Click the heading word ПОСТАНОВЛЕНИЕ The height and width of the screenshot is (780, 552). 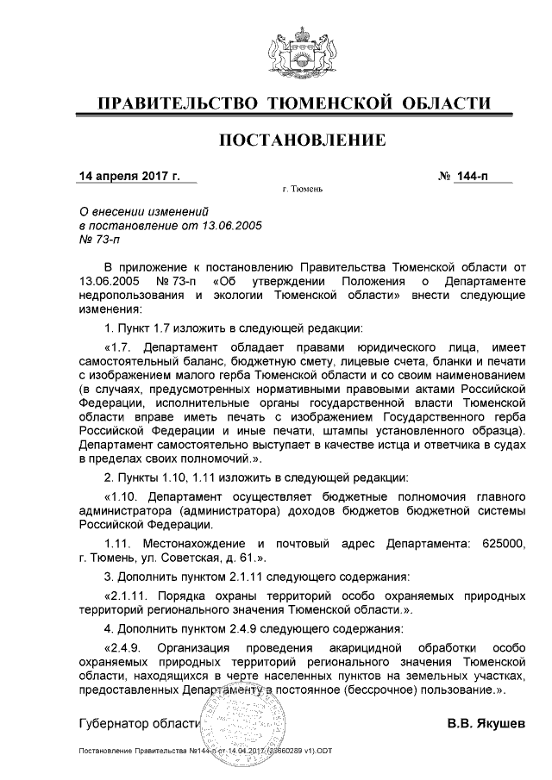tap(301, 140)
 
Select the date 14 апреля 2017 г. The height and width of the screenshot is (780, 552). tap(129, 177)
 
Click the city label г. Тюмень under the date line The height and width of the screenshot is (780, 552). tap(302, 190)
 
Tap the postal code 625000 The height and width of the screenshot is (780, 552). tap(500, 545)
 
